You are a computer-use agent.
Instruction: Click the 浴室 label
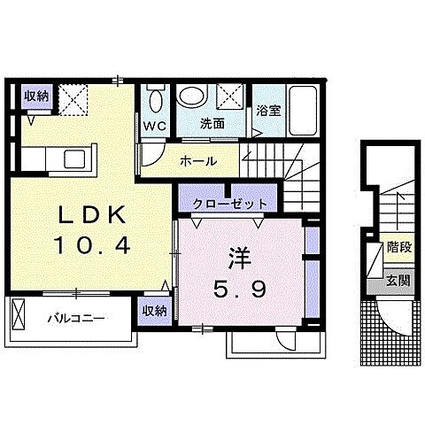(268, 112)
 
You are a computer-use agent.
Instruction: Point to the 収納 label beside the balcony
(154, 310)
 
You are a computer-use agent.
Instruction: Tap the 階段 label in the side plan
(398, 248)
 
